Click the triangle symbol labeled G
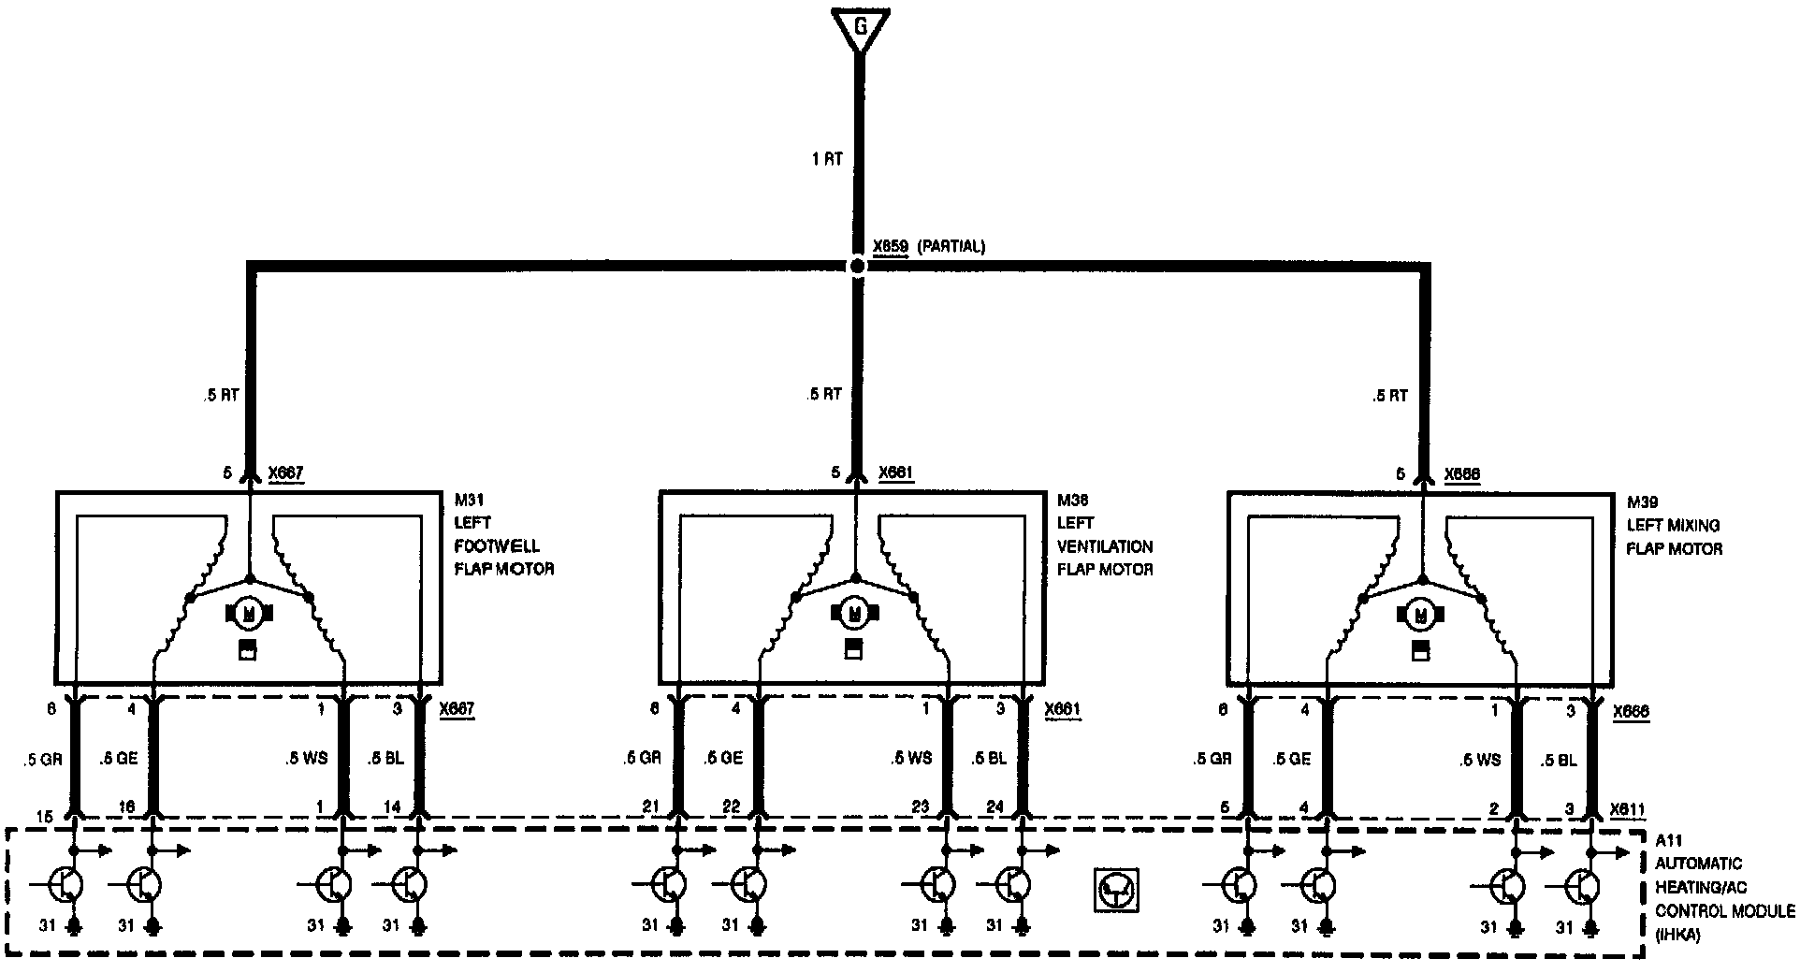(x=860, y=27)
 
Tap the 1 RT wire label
(x=827, y=160)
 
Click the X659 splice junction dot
(x=858, y=266)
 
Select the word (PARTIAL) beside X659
(x=951, y=247)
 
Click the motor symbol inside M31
(x=249, y=614)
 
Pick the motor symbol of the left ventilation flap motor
(x=852, y=614)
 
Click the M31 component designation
(x=469, y=501)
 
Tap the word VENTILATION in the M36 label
(x=1105, y=546)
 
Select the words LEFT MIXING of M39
(x=1673, y=526)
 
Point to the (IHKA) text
(x=1678, y=933)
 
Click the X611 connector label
(x=1628, y=810)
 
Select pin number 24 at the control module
(x=994, y=807)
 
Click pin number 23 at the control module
(x=922, y=807)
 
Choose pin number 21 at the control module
(x=651, y=807)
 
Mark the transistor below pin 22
(x=748, y=883)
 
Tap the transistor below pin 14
(x=410, y=883)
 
